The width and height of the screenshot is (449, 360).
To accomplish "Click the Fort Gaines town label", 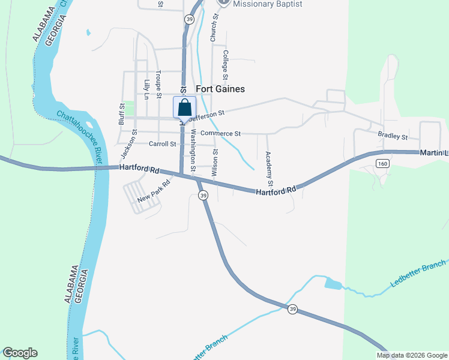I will click(x=220, y=88).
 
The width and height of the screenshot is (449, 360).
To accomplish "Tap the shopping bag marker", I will click(x=185, y=107).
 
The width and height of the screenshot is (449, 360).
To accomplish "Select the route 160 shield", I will click(x=382, y=163).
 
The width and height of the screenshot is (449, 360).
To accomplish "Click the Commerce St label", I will click(x=220, y=133).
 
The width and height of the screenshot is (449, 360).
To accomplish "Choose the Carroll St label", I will click(x=162, y=144).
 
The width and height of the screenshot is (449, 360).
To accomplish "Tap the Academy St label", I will click(x=270, y=167).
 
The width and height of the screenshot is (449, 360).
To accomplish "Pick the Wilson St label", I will click(x=214, y=162).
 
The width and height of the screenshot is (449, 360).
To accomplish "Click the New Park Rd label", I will click(x=154, y=191).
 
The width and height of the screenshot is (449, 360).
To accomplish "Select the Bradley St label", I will click(x=393, y=136).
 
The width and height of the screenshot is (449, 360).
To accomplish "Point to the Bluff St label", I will click(x=121, y=114).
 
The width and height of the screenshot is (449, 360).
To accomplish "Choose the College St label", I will click(x=226, y=65).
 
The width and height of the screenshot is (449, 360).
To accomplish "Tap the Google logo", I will click(x=20, y=353).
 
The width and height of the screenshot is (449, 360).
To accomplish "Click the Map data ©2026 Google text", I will click(x=412, y=355).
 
